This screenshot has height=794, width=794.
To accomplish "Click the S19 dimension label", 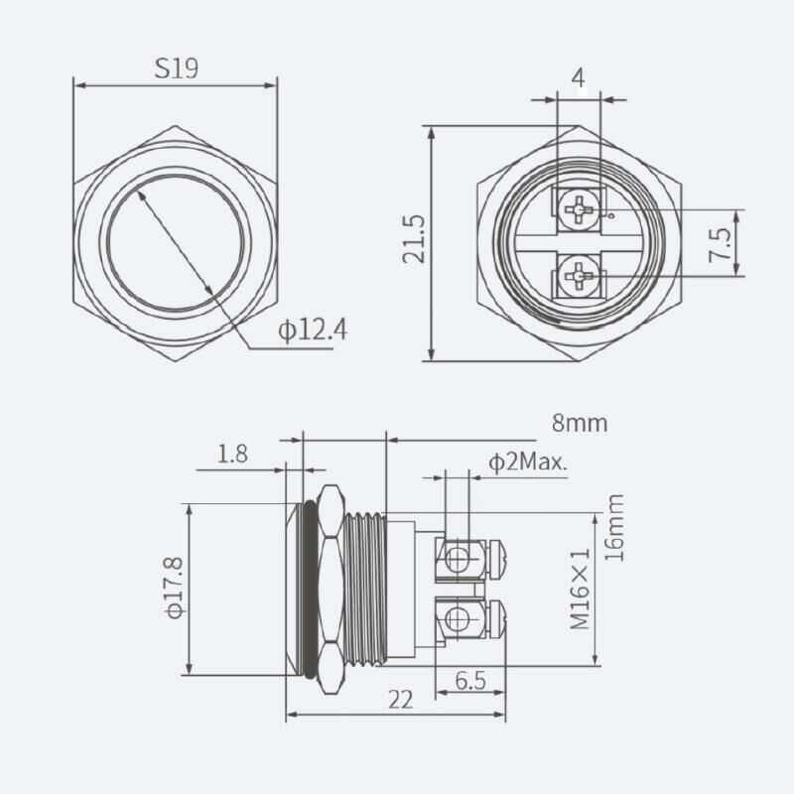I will (177, 68).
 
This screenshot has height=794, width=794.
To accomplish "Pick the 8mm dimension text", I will (579, 424).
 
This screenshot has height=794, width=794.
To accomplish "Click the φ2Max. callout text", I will (527, 462).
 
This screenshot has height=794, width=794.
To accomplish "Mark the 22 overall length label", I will (399, 700).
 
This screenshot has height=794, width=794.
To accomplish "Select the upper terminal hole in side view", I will (456, 559).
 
